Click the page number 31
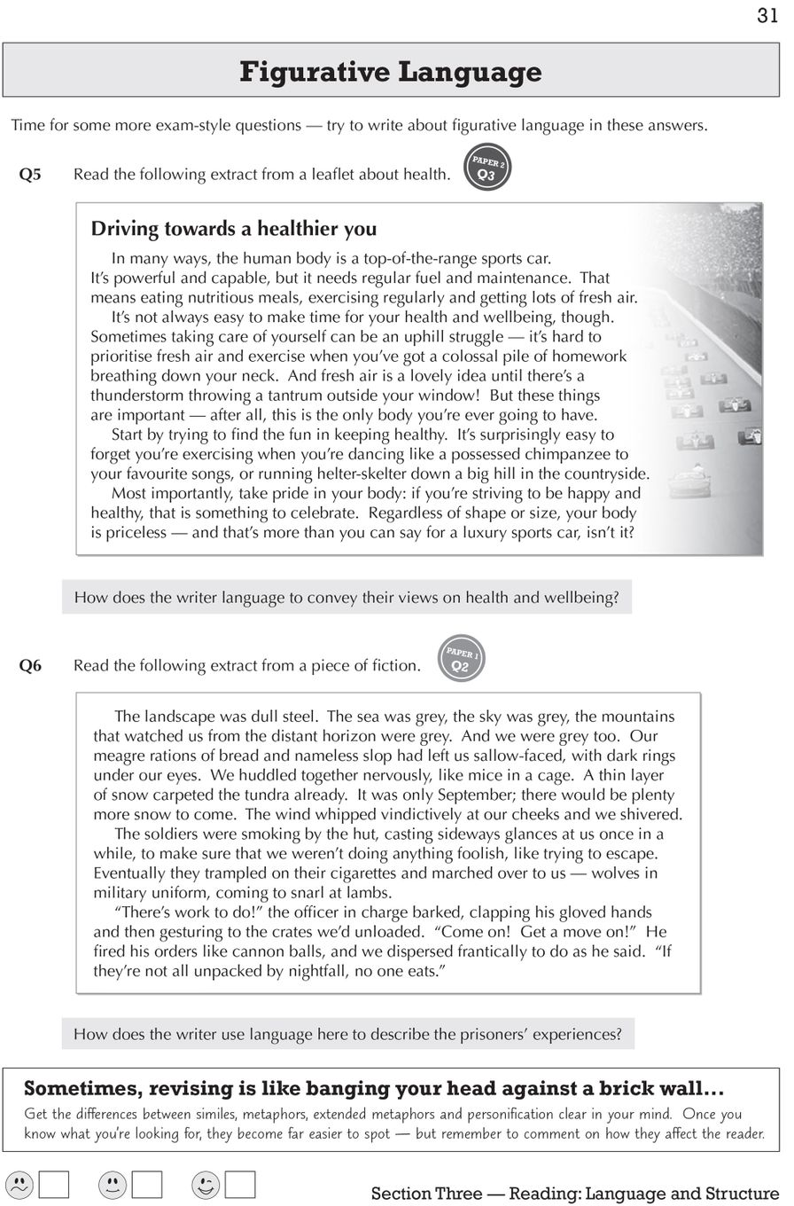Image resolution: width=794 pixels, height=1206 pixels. [x=767, y=16]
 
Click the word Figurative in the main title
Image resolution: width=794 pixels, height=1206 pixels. [x=307, y=71]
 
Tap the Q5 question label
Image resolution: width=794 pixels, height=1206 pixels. [x=30, y=175]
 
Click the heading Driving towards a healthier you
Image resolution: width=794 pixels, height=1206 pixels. [x=234, y=229]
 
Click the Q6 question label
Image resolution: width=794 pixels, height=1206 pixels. [x=30, y=666]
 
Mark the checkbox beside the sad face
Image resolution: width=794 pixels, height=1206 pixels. [x=54, y=1185]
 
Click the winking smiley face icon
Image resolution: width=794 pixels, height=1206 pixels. [x=206, y=1185]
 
